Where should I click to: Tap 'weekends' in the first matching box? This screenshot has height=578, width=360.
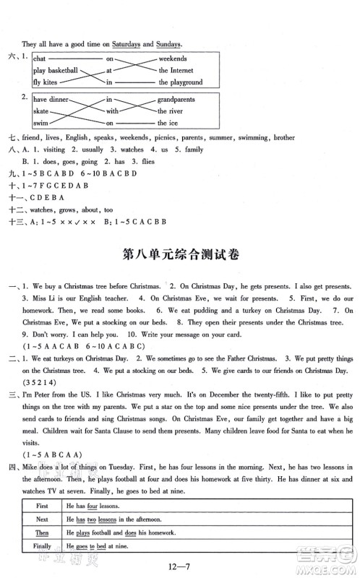(173, 58)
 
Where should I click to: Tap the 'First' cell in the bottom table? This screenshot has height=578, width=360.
(42, 506)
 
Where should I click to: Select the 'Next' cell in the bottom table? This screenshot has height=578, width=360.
(42, 519)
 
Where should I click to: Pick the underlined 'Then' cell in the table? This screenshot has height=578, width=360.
(42, 533)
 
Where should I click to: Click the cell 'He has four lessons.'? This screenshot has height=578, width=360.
(98, 506)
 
